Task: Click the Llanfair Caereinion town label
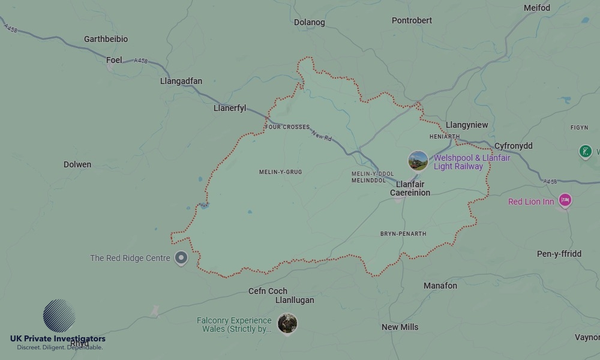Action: coord(410,188)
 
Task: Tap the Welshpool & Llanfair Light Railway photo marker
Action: coord(418,161)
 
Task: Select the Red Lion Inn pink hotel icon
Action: coord(564,200)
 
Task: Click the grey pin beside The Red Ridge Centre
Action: coord(181,259)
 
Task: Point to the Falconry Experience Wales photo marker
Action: coord(287,323)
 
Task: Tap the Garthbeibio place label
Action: coord(106,39)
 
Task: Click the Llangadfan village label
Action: coord(181,81)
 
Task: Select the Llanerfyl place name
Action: coord(230,109)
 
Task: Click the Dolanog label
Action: coord(310,22)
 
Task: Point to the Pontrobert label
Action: coord(412,20)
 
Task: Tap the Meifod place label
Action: coord(536,8)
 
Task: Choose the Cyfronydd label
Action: coord(513,146)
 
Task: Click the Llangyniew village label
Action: coord(467,125)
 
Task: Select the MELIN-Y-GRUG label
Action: coord(280,172)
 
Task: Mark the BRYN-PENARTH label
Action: coord(403,234)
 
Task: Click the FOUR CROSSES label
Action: coord(287,127)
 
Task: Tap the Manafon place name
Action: coord(440,286)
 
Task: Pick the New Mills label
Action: coord(400,327)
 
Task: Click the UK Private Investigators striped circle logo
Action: coord(59,316)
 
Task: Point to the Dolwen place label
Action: coord(77,164)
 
